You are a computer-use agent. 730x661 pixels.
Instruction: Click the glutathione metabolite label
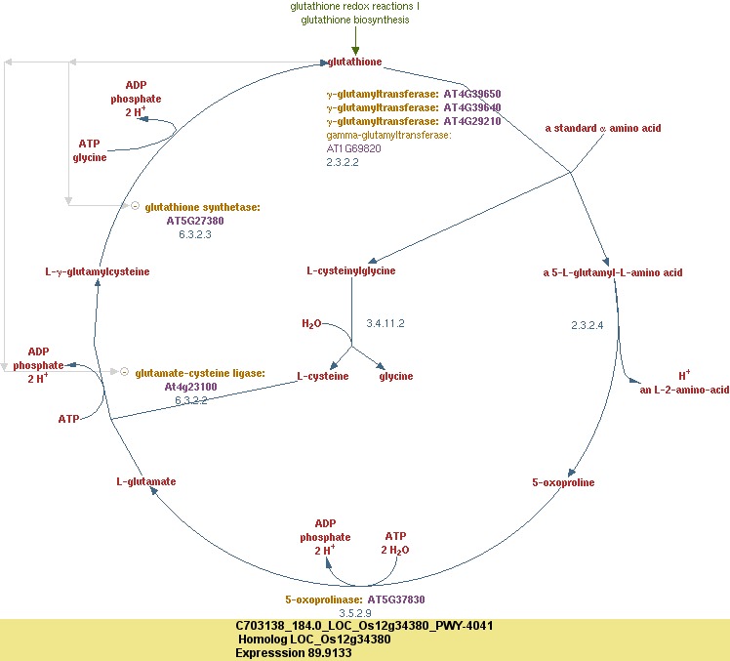[x=355, y=62]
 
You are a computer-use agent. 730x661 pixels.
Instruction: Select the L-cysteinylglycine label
[x=351, y=271]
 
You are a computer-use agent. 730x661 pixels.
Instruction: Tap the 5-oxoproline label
[x=563, y=482]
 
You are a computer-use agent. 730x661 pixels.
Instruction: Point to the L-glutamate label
[x=146, y=481]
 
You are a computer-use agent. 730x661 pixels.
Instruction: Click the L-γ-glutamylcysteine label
[x=98, y=271]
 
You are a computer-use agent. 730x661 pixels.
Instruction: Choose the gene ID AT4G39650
[x=472, y=94]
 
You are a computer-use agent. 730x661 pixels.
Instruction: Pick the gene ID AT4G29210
[x=472, y=121]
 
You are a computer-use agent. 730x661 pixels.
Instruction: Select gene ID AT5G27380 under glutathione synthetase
[x=195, y=221]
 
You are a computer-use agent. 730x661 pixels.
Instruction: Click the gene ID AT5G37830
[x=396, y=599]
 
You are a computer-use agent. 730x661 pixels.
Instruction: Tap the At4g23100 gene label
[x=190, y=387]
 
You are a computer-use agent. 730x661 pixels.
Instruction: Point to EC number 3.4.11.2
[x=385, y=323]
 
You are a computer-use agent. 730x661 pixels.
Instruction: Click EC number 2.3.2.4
[x=588, y=324]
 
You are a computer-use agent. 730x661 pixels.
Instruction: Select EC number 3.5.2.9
[x=355, y=613]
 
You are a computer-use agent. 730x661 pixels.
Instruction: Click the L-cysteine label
[x=323, y=376]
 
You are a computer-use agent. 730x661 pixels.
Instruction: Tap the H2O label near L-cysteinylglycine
[x=310, y=323]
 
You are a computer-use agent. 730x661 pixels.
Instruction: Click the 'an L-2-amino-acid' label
[x=684, y=390]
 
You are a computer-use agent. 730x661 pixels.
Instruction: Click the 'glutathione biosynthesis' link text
[x=355, y=20]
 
